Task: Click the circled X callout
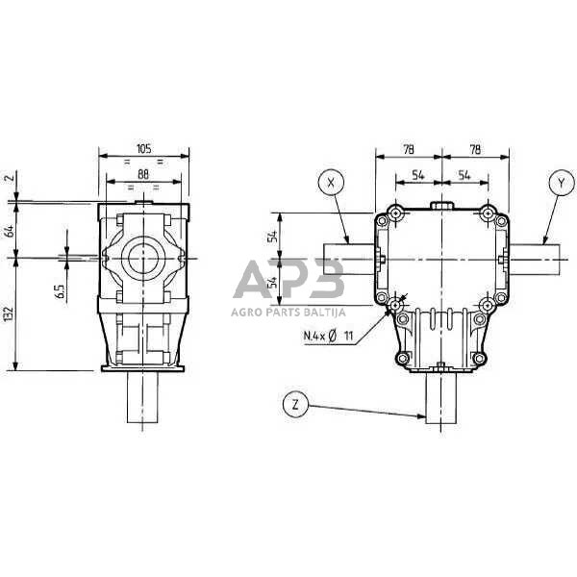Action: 331,182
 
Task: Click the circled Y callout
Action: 562,182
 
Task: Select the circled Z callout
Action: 295,405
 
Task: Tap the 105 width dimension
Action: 144,149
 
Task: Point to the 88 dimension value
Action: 143,174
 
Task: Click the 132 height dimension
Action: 9,314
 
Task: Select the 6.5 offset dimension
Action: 61,291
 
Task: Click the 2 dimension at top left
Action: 11,177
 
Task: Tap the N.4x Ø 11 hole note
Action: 328,336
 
